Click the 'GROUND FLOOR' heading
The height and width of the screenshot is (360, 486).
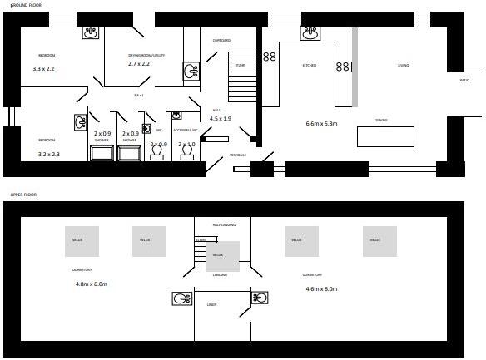(27, 5)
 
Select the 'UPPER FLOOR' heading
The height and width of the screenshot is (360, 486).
(23, 195)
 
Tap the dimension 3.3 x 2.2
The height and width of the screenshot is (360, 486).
(43, 68)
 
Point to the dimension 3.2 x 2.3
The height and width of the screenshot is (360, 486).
(48, 154)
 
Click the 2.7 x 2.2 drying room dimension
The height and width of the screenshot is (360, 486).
(139, 63)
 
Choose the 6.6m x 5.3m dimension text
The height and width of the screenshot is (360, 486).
(322, 124)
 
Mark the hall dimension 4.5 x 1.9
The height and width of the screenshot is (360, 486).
(220, 119)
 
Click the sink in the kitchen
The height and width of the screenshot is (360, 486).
(310, 33)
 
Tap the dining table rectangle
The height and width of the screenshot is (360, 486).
(385, 136)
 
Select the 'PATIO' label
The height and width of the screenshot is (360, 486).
(464, 81)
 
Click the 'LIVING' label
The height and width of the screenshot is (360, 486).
(403, 65)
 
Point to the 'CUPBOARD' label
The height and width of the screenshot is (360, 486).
(221, 40)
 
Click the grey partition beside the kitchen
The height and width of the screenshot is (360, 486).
(355, 67)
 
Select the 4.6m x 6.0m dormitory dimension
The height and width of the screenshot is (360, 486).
(322, 288)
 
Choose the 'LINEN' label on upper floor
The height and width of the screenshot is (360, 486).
(212, 305)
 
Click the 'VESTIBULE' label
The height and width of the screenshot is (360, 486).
(238, 155)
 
